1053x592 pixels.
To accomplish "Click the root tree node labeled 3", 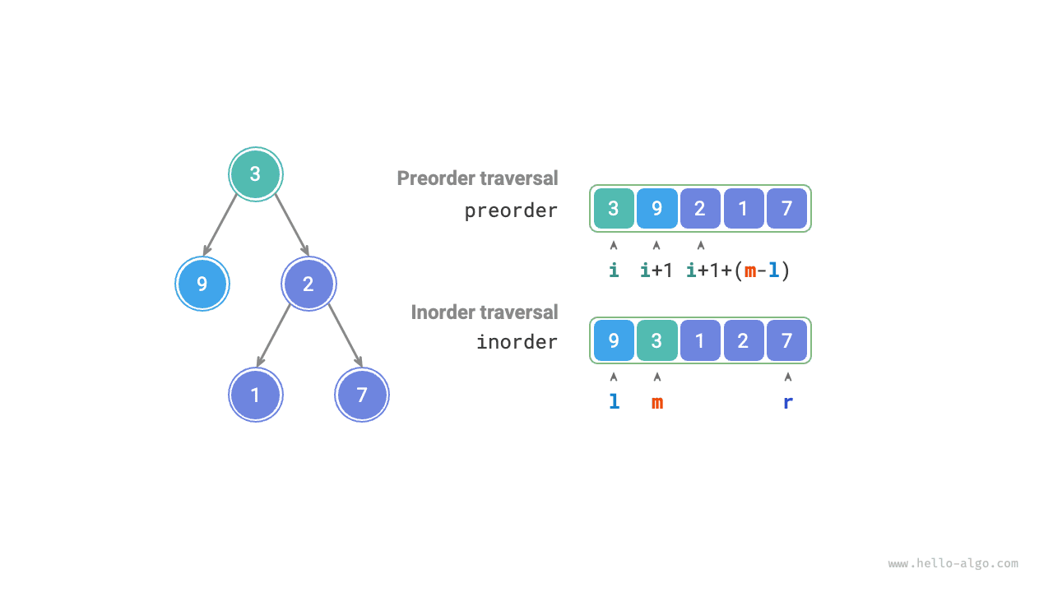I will (x=255, y=174).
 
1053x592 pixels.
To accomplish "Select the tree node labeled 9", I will (x=202, y=284).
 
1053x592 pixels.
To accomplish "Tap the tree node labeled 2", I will (x=308, y=284).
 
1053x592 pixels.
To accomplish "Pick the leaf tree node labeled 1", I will (x=255, y=395).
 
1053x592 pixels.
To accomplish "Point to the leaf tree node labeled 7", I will (x=362, y=395).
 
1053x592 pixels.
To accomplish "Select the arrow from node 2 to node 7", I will (x=346, y=335).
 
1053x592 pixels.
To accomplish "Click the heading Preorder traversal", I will (x=477, y=178).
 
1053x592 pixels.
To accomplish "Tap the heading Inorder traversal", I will (x=485, y=312).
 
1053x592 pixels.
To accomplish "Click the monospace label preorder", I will (x=511, y=210).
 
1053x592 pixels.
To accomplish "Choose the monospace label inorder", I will (x=517, y=341).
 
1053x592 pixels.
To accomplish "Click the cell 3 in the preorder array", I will (x=614, y=209).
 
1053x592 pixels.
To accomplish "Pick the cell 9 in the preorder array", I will (x=657, y=209).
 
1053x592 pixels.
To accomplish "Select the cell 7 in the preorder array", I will (x=787, y=209).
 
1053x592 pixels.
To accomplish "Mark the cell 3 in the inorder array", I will (x=656, y=340).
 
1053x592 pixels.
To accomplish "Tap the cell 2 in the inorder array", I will (x=744, y=340).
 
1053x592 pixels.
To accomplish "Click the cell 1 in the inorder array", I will (x=700, y=340).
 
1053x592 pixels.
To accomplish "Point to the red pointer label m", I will (x=657, y=402).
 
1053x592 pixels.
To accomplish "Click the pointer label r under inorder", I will (x=787, y=402).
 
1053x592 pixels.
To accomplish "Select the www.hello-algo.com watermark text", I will (x=953, y=564).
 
